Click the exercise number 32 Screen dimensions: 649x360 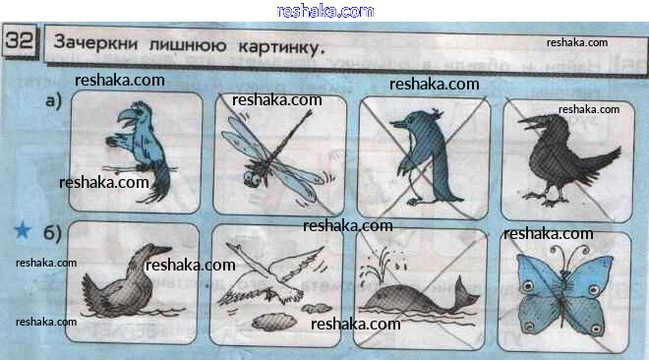20,40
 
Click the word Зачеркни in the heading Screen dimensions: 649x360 95,42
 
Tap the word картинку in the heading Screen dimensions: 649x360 279,47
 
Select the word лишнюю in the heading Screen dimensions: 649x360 188,44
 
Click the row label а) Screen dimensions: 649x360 53,100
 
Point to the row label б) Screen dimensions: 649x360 52,233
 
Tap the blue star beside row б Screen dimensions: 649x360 23,230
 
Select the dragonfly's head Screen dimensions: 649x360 252,178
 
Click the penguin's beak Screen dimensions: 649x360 398,123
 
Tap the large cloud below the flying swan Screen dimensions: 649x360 274,322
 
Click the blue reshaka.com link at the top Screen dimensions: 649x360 325,11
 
